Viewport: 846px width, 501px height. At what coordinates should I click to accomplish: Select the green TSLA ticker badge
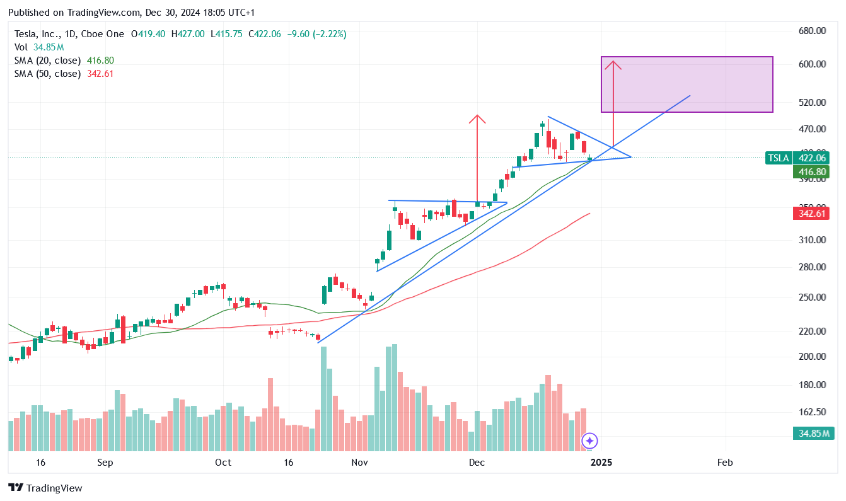[x=779, y=158]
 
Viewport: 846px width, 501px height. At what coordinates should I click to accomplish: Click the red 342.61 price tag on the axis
[x=811, y=214]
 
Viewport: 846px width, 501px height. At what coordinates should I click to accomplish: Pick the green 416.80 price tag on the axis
[x=811, y=171]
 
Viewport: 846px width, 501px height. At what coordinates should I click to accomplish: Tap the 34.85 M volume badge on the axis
[x=811, y=434]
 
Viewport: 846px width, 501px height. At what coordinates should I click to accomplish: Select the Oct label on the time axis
[x=223, y=463]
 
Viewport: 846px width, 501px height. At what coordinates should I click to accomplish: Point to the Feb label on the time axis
[x=725, y=463]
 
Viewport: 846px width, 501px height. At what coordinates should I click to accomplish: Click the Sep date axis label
[x=105, y=463]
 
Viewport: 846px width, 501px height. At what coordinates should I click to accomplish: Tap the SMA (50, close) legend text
[x=48, y=74]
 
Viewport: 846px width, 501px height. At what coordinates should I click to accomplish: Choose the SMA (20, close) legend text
[x=48, y=60]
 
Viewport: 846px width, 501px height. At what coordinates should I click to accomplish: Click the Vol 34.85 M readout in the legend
[x=39, y=47]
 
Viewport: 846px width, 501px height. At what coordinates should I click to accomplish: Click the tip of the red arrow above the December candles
[x=477, y=117]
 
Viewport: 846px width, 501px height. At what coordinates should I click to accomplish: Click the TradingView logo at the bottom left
[x=45, y=488]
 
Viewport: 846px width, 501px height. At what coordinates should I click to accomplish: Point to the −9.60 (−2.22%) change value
[x=316, y=34]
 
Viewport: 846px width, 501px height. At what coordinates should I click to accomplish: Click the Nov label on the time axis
[x=359, y=463]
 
